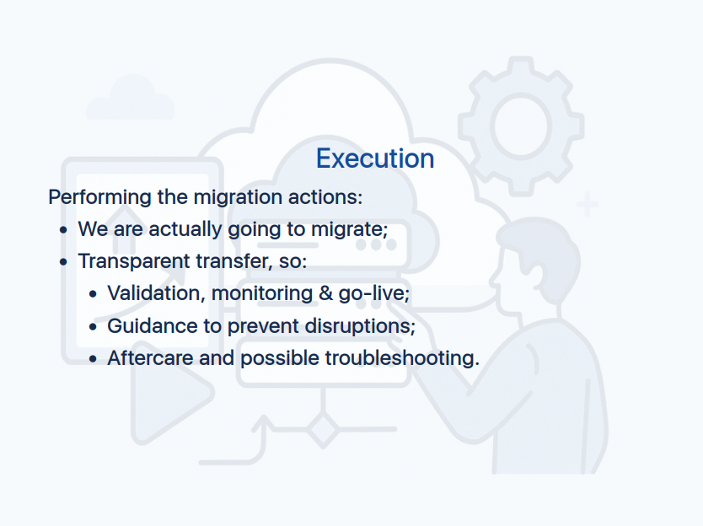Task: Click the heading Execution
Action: [x=375, y=158]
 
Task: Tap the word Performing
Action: [x=100, y=197]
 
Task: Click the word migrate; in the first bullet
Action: [x=350, y=229]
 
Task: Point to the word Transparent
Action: [x=134, y=261]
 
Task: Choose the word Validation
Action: [x=157, y=293]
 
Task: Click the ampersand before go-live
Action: [x=326, y=293]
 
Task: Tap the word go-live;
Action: [x=374, y=293]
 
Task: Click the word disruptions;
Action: [x=360, y=326]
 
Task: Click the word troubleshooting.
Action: [x=402, y=358]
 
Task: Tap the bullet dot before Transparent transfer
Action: [x=63, y=262]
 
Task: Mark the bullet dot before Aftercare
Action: [x=93, y=359]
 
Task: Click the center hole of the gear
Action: [x=521, y=126]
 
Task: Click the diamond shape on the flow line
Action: [x=323, y=430]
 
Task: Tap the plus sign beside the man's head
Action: [x=588, y=205]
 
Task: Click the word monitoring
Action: [x=262, y=293]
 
